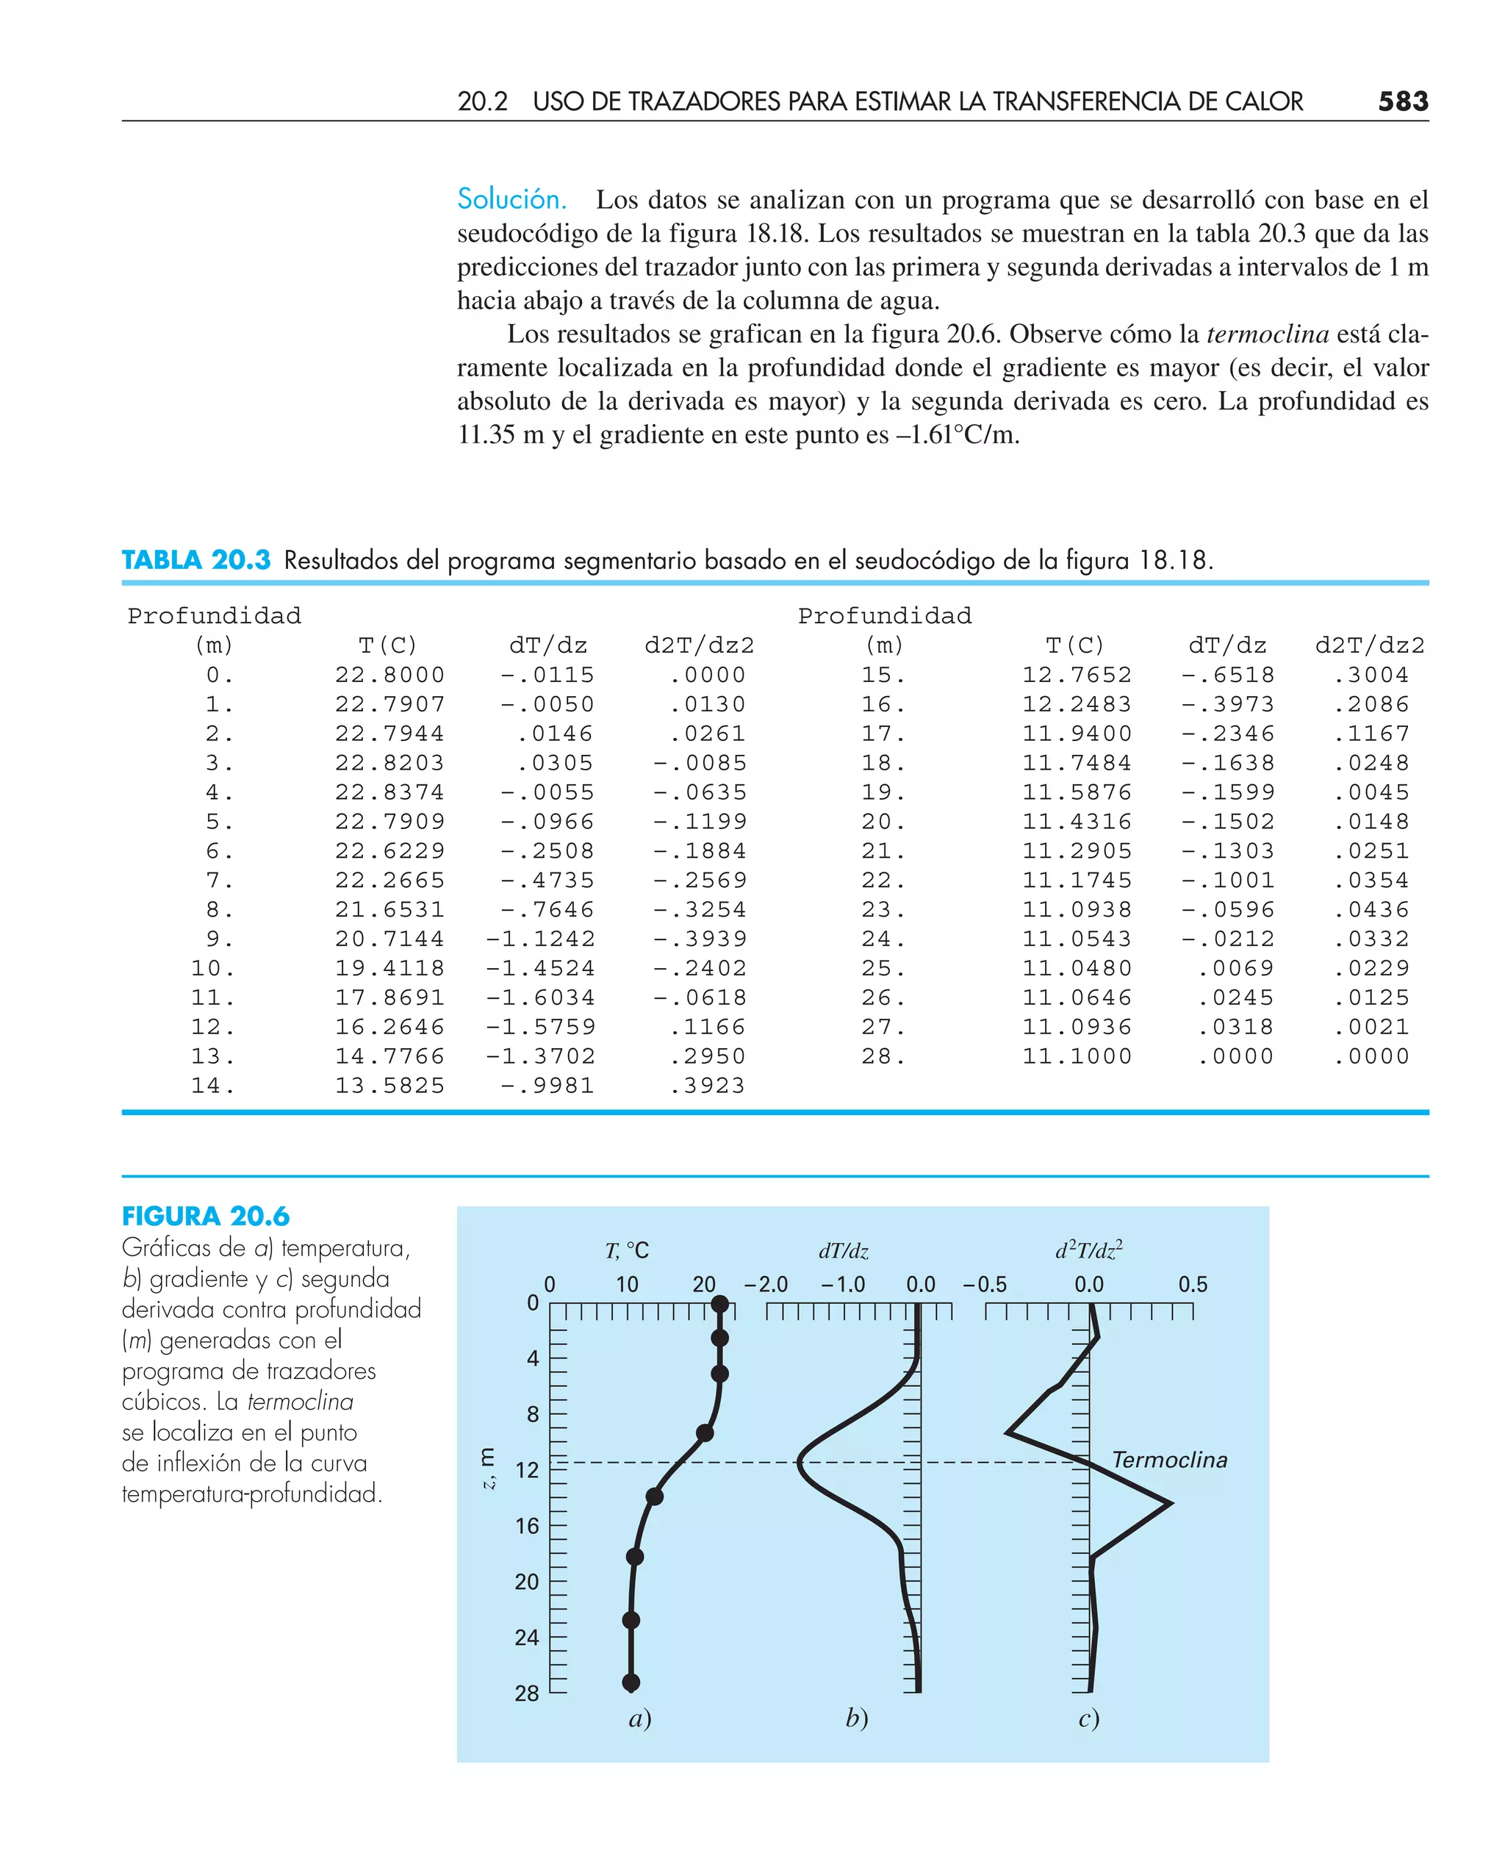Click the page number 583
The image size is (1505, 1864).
1402,101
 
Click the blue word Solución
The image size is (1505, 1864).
511,199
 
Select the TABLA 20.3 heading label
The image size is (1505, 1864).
196,560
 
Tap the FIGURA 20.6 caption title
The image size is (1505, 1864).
206,1216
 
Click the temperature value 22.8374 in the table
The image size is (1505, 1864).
389,792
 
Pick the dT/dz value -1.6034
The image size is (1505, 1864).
540,998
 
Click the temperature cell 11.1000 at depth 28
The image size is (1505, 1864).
1077,1056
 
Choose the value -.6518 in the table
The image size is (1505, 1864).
1227,675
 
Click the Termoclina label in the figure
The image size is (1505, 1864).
1169,1460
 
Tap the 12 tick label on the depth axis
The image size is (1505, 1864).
527,1470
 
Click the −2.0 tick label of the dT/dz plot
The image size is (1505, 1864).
766,1284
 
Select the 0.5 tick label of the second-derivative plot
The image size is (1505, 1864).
1192,1284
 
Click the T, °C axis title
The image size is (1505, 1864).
627,1250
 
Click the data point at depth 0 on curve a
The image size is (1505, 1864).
719,1304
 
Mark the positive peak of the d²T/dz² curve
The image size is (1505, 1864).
1171,1503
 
